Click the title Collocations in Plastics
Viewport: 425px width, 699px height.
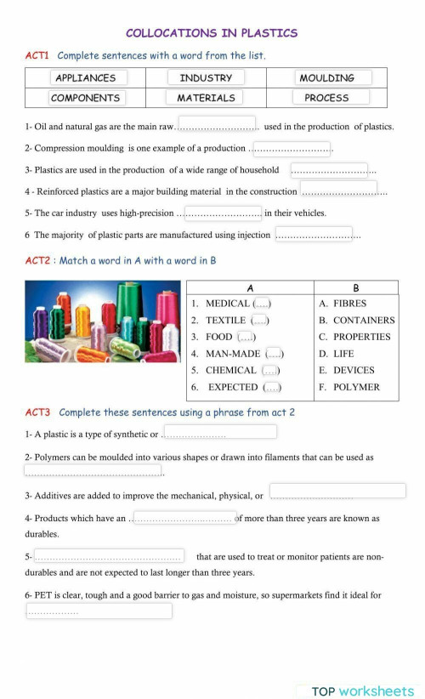point(212,33)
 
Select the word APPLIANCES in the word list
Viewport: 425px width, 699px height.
point(85,77)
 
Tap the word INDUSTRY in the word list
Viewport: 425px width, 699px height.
point(206,77)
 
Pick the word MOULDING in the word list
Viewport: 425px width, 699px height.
point(327,77)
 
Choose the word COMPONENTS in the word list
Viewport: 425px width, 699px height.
point(85,98)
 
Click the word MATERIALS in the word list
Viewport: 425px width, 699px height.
point(206,98)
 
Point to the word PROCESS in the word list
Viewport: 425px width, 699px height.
point(327,98)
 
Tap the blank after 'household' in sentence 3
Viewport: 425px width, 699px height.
point(329,169)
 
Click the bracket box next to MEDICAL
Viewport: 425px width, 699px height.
point(263,304)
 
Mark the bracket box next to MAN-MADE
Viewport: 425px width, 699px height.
point(274,354)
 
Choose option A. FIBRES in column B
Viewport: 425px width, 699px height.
point(343,304)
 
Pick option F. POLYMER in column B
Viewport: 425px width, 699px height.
point(349,387)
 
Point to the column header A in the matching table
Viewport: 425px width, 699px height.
point(250,287)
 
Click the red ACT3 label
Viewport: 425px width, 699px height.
point(37,412)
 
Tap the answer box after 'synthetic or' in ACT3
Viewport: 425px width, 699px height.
point(219,432)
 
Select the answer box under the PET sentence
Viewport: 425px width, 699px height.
point(99,611)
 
